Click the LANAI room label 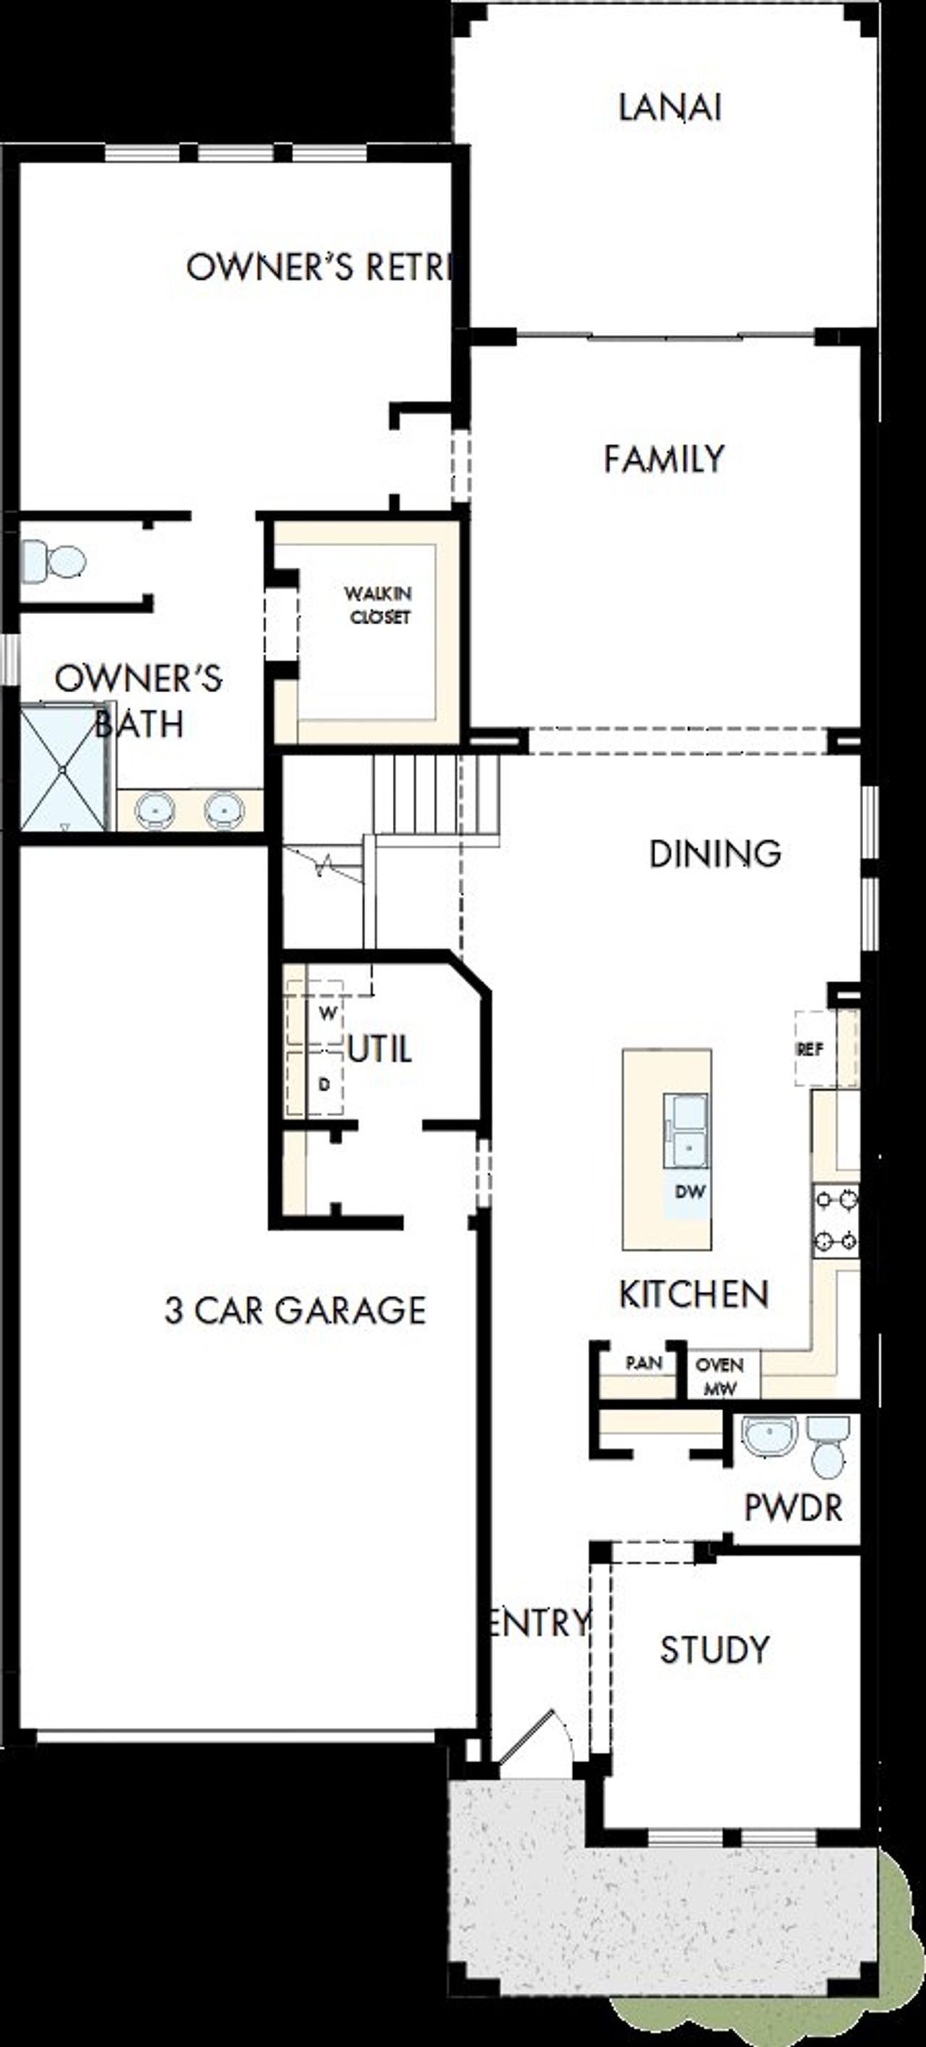click(669, 107)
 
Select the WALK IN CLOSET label click(378, 605)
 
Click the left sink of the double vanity click(155, 809)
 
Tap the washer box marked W click(328, 1013)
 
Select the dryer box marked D click(324, 1084)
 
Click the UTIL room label click(379, 1050)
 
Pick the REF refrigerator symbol click(810, 1049)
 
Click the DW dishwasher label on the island click(689, 1191)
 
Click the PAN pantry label click(643, 1363)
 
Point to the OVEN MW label click(719, 1376)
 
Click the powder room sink click(768, 1434)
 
